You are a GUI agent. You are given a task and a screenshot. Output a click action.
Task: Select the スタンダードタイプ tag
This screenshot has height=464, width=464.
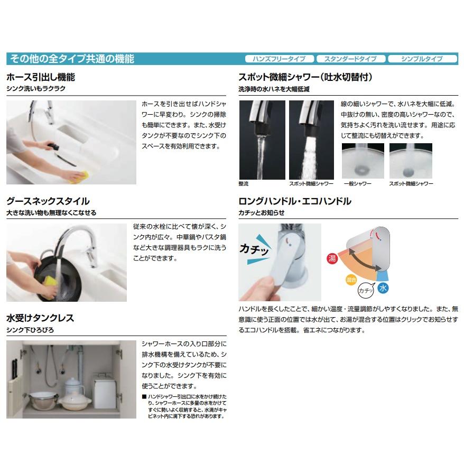coord(350,59)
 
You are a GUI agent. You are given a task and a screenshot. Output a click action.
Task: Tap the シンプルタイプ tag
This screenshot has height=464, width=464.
coord(422,59)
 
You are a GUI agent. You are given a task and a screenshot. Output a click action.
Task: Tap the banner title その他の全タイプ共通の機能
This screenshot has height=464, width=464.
coord(71,59)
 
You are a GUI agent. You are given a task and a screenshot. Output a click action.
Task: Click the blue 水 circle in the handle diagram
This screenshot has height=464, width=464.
coord(383,288)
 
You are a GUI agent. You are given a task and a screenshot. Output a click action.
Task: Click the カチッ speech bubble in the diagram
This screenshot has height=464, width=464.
coord(365,290)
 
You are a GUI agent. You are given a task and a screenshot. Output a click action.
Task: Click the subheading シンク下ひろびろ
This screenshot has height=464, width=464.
coord(30,330)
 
